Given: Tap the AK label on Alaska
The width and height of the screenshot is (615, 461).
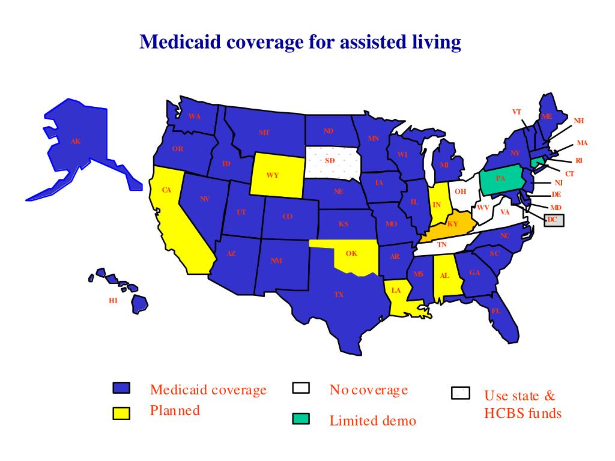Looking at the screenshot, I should pos(76,142).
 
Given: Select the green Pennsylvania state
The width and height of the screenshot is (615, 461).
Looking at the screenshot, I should pos(501,179).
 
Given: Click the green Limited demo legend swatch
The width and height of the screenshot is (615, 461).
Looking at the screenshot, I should pos(301,418).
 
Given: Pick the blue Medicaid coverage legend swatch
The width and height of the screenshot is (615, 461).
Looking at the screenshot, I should pos(122,388).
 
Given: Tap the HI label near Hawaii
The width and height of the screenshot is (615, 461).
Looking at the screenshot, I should pos(113,301).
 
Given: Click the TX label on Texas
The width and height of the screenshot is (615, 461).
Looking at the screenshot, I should pos(339,295).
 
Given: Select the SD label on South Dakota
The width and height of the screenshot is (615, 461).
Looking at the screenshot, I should pos(330,161).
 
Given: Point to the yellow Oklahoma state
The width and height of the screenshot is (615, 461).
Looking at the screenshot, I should pos(351,254).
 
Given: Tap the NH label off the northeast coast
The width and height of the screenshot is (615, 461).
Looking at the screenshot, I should pos(579,121).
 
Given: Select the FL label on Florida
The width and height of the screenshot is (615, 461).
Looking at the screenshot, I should pos(496,311).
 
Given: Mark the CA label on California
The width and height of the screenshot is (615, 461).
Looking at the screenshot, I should pos(167,190).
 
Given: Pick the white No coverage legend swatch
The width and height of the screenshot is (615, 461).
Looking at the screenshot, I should pos(301,388).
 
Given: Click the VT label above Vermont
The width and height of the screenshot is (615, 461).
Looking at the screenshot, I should pos(517,112).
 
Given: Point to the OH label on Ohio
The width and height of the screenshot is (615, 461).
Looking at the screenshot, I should pos(460,191).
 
